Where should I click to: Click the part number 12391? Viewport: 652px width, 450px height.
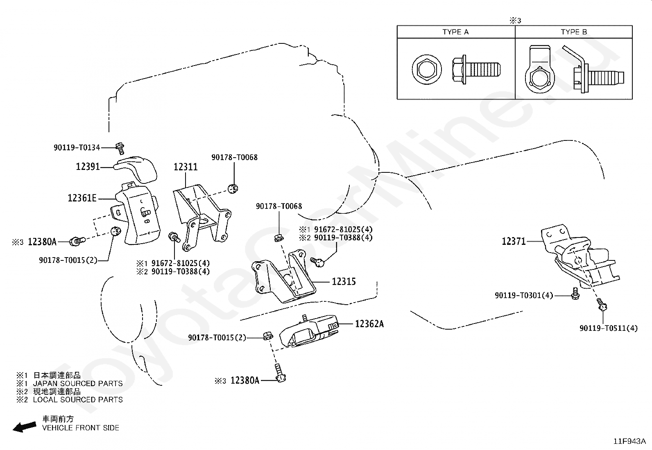pyautogui.click(x=88, y=167)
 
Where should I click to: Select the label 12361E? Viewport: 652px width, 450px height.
pyautogui.click(x=82, y=198)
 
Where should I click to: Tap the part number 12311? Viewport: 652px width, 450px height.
pyautogui.click(x=186, y=167)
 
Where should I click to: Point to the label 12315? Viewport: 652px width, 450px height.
pyautogui.click(x=344, y=281)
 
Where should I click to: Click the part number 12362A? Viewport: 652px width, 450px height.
pyautogui.click(x=369, y=323)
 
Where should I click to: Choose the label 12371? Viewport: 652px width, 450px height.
pyautogui.click(x=514, y=241)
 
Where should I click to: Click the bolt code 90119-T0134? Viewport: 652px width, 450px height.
pyautogui.click(x=77, y=147)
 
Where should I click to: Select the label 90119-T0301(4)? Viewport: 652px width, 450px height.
pyautogui.click(x=524, y=296)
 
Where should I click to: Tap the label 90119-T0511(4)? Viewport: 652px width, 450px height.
pyautogui.click(x=608, y=328)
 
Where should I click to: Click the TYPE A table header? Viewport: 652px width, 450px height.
pyautogui.click(x=455, y=32)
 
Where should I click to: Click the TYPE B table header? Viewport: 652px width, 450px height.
pyautogui.click(x=574, y=32)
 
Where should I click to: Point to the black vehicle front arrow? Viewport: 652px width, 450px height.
pyautogui.click(x=25, y=427)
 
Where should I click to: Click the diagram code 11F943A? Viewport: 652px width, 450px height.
pyautogui.click(x=629, y=441)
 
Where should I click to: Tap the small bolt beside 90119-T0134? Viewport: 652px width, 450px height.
pyautogui.click(x=120, y=148)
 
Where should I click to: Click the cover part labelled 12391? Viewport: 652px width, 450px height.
pyautogui.click(x=136, y=169)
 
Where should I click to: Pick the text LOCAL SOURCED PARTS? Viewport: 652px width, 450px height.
pyautogui.click(x=78, y=400)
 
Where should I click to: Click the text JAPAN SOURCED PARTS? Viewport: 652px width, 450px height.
pyautogui.click(x=78, y=383)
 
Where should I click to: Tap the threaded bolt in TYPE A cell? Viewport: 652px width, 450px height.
pyautogui.click(x=476, y=70)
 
